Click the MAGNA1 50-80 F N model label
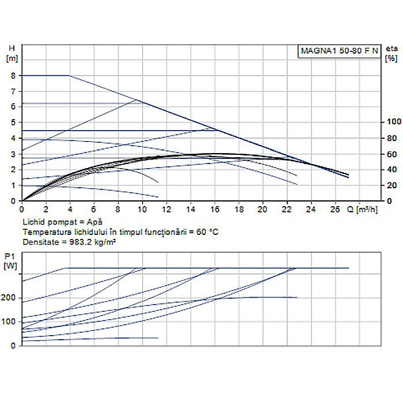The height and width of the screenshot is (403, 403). (339, 51)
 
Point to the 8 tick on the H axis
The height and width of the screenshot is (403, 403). (14, 75)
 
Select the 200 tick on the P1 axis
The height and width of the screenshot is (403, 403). (10, 298)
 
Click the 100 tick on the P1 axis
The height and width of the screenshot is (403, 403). (10, 321)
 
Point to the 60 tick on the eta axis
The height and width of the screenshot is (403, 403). (392, 154)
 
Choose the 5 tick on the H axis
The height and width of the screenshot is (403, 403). (14, 123)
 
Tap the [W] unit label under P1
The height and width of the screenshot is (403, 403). (10, 265)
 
